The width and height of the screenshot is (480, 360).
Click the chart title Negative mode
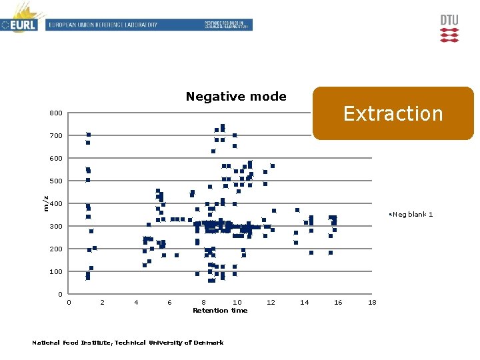click(236, 97)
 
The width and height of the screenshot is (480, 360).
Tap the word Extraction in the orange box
click(393, 114)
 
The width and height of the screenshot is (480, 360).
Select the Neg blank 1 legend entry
click(412, 214)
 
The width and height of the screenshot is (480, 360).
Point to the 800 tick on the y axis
click(56, 113)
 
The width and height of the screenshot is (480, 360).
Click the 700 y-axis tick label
click(56, 136)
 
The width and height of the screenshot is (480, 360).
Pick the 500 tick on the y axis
click(56, 181)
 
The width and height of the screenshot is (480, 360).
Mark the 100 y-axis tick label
click(56, 272)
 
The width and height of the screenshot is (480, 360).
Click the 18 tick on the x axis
click(372, 303)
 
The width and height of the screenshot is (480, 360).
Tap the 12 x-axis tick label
click(271, 303)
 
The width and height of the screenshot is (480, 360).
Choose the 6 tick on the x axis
click(169, 303)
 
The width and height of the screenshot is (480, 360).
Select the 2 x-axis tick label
click(102, 303)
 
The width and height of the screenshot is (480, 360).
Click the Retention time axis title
click(220, 311)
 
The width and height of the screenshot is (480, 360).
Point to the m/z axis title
click(45, 203)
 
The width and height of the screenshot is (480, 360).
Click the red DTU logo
click(449, 29)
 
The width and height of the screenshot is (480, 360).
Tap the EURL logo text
click(23, 25)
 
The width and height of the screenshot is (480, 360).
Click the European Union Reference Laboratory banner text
click(102, 25)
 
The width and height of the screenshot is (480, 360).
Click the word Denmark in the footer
click(209, 343)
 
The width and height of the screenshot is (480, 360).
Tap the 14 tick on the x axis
click(305, 303)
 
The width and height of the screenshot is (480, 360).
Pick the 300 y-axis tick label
click(56, 227)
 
